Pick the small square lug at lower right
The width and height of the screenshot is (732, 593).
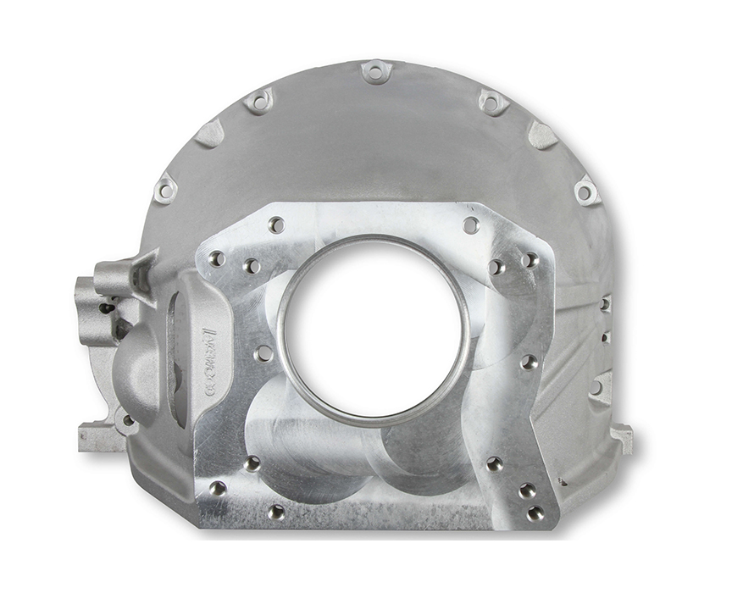(x=622, y=437)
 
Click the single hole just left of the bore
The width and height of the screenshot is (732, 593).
(x=263, y=352)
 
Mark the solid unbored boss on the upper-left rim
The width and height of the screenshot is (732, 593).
(x=208, y=133)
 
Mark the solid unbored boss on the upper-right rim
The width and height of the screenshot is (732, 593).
(x=542, y=134)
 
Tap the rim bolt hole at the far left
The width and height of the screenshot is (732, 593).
(x=165, y=191)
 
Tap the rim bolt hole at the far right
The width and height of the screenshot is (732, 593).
(x=585, y=191)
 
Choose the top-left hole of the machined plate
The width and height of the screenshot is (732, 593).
(x=275, y=224)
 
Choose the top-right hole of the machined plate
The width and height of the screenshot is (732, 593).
(x=470, y=225)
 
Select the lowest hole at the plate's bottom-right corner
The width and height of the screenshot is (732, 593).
(x=535, y=513)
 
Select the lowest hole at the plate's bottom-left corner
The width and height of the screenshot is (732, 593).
(x=276, y=512)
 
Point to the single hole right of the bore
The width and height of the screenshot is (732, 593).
(x=529, y=362)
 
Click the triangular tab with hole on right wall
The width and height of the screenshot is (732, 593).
(x=600, y=387)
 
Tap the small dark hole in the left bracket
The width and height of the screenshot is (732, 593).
(x=106, y=308)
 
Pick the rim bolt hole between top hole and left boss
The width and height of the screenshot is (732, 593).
(x=258, y=102)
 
